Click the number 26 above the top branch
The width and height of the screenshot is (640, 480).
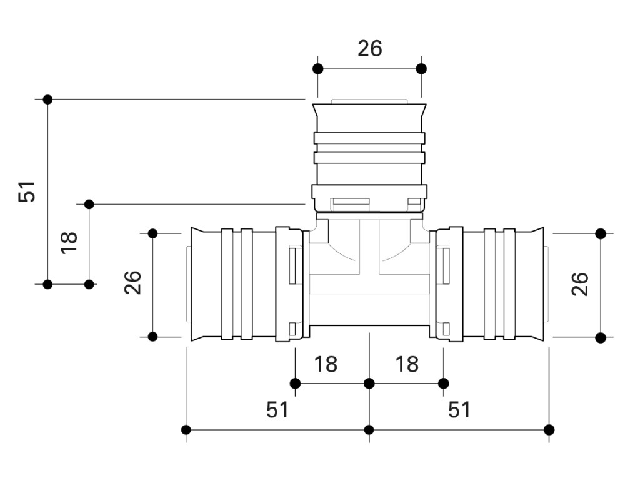tap(369, 48)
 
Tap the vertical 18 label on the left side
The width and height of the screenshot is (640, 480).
tap(69, 242)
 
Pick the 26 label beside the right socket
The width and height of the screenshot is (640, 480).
tap(581, 284)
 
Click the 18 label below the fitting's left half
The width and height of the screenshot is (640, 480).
tap(326, 364)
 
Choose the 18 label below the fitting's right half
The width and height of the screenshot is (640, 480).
tap(407, 364)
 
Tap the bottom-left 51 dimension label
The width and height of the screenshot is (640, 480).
tap(277, 410)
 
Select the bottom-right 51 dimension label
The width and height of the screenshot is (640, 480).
tap(459, 410)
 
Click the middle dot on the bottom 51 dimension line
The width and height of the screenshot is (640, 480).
tap(369, 429)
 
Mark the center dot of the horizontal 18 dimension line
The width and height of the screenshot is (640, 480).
tap(369, 383)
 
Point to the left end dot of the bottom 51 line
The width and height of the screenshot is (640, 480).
tap(186, 429)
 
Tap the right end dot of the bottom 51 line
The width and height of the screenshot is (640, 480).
tap(549, 429)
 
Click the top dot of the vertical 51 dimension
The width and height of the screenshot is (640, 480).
tap(47, 99)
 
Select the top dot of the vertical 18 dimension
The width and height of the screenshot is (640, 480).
tap(89, 204)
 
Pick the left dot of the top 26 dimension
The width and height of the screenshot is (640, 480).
tap(317, 68)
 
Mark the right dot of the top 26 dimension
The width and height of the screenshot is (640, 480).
tap(421, 68)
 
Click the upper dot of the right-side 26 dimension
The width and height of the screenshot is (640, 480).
tap(601, 233)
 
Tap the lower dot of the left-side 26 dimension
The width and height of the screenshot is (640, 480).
tap(152, 337)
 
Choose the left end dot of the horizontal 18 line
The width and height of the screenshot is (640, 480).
tap(295, 383)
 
